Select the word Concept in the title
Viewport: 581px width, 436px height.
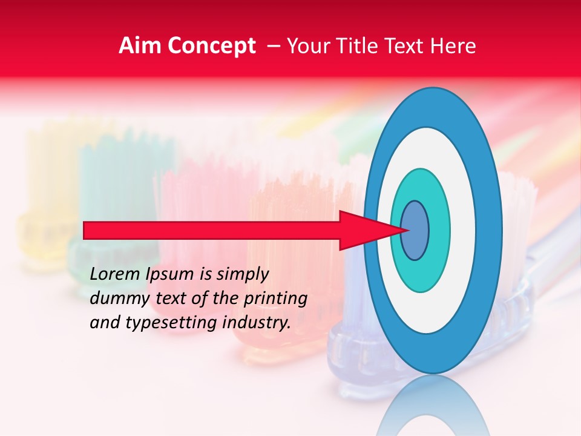(x=211, y=46)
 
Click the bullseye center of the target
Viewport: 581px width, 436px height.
(x=415, y=230)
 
